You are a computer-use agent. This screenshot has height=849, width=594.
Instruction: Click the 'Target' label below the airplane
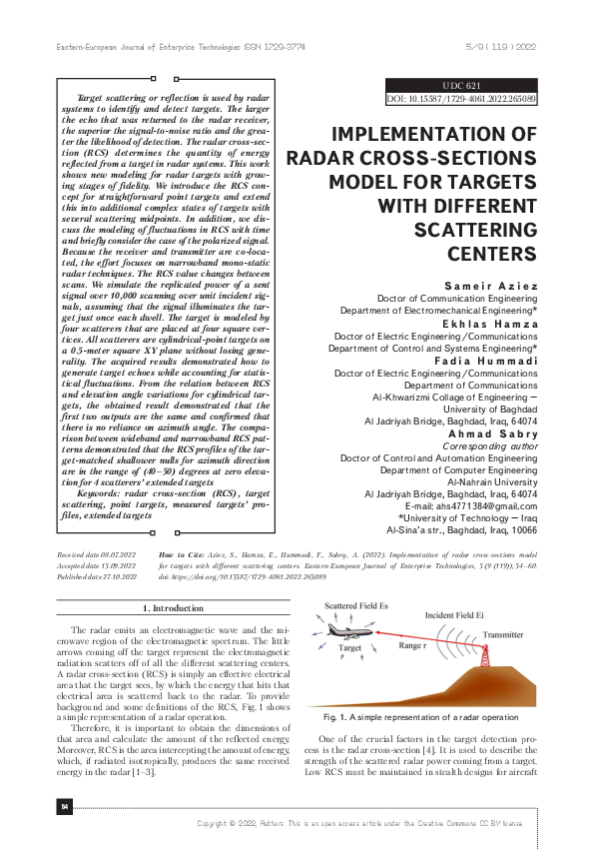pos(349,647)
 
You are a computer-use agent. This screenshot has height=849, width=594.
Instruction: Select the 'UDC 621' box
pos(461,87)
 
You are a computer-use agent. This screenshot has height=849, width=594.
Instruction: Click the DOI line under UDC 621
pos(461,100)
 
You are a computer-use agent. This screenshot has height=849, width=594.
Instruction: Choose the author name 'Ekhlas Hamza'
pos(496,326)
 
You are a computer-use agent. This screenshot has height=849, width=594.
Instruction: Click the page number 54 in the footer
pos(65,806)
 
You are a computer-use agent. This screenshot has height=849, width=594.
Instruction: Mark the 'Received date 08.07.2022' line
pos(96,552)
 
